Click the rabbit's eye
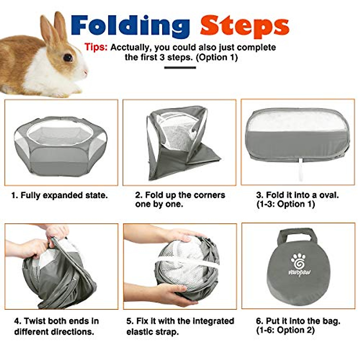pos(68,57)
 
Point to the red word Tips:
pos(96,47)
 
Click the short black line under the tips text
pos(180,67)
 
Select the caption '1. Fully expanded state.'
pos(59,196)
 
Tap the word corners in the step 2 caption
pos(209,195)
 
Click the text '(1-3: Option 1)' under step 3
pos(286,205)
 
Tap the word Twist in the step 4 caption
pos(34,321)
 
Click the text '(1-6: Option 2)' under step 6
pos(285,331)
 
